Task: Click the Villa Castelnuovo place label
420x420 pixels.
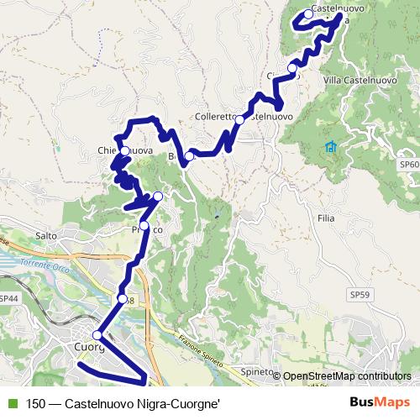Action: coord(359,81)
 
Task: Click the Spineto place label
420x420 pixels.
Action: coord(258,371)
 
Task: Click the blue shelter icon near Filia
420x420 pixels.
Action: coord(331,148)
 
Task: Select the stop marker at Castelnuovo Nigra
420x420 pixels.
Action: coord(308,14)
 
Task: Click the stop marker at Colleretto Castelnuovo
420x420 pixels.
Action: coord(239,120)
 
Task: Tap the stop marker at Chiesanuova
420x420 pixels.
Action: coord(125,151)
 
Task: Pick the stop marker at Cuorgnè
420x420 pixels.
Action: coord(97,335)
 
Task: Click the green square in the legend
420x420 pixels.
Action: coord(11,403)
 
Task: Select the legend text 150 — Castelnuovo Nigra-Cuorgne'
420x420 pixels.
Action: coord(123,403)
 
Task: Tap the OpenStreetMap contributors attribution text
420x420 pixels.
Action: coord(348,376)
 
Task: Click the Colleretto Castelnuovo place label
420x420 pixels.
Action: coord(244,117)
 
